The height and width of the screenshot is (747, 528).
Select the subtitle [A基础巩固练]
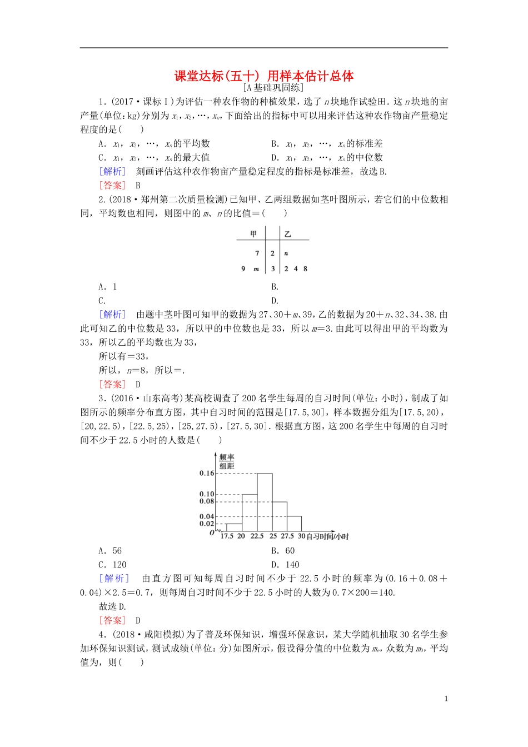coord(273,88)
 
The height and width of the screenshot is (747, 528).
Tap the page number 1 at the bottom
coord(446,699)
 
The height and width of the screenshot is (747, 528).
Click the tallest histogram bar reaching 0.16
coord(264,502)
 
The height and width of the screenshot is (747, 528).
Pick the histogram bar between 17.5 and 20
coord(234,527)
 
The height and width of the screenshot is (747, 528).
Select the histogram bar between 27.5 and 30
coord(293,524)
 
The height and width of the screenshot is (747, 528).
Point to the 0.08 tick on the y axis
coord(207,501)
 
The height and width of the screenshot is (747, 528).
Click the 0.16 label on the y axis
coord(207,473)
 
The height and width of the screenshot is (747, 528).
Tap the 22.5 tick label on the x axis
coord(257,536)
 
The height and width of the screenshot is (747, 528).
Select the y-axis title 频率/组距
coord(227,462)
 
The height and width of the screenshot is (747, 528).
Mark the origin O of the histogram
coord(212,533)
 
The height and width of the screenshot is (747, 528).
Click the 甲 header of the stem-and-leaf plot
coord(253,234)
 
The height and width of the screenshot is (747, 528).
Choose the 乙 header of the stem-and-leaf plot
coord(287,234)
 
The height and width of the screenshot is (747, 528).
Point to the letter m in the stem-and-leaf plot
coord(256,269)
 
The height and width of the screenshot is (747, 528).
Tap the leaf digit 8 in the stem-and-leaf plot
coord(305,269)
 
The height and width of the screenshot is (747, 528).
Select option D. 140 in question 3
coord(285,565)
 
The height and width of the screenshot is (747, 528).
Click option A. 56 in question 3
coord(110,551)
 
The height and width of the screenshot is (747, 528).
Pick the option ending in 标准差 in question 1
coord(327,144)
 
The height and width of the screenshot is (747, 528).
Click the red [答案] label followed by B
coord(113,186)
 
